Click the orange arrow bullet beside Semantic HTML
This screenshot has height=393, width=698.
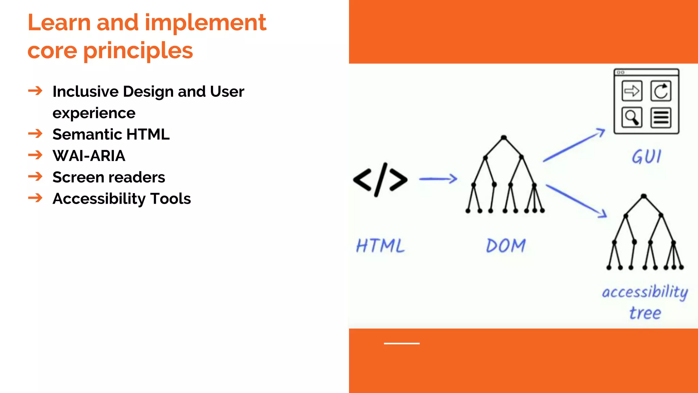point(35,133)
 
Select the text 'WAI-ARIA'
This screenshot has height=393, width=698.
point(89,156)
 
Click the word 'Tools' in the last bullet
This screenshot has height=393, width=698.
point(170,199)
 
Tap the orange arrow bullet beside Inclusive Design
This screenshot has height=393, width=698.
point(35,91)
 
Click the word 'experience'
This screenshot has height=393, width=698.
point(94,113)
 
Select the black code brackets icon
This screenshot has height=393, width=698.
point(380,180)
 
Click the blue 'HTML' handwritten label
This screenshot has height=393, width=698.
point(380,246)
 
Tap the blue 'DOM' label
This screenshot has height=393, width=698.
point(506,246)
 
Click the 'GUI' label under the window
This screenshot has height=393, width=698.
point(646,157)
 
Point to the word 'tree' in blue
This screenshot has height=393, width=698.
point(645,313)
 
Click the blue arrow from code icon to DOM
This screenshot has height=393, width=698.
point(438,179)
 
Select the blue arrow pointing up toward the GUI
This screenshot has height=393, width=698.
point(574,145)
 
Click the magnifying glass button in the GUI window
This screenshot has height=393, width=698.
point(632,118)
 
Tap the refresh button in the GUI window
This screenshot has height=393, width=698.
point(661,91)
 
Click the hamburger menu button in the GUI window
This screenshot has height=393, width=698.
point(661,118)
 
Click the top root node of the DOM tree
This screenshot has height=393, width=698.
point(504,138)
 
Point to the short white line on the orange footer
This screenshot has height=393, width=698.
point(401,344)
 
